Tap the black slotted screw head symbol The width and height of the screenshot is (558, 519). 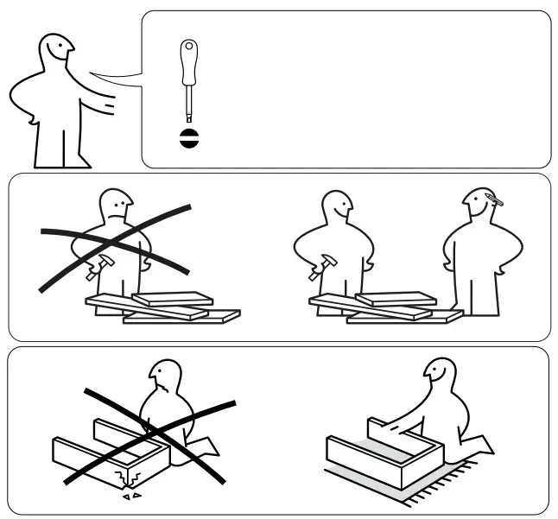click(187, 138)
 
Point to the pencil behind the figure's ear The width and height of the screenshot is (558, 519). click(494, 201)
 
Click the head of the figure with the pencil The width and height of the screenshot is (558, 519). click(480, 207)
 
